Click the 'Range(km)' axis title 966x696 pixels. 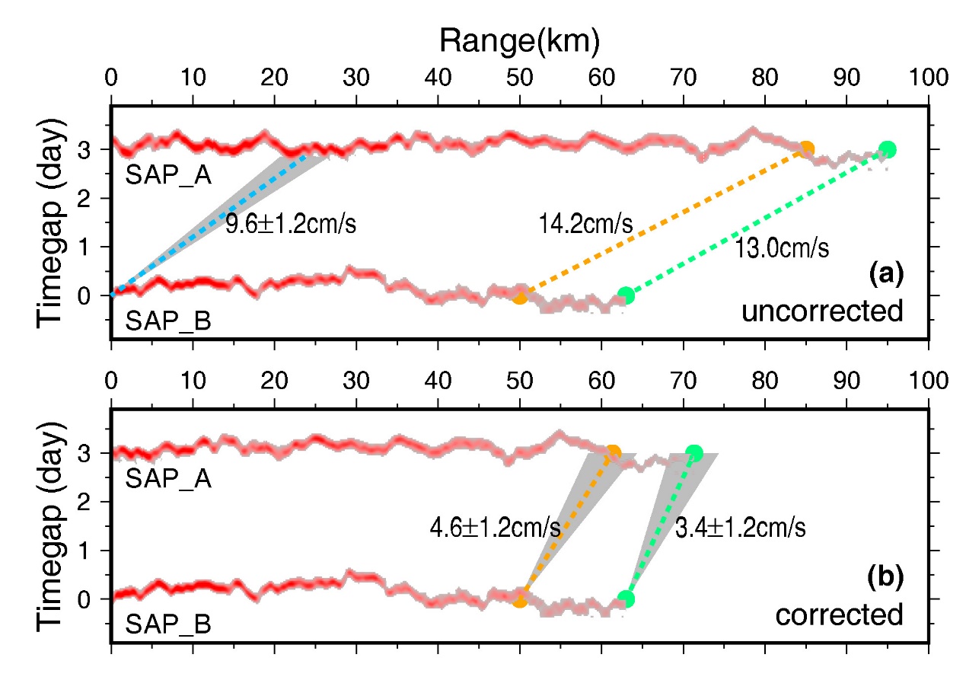[x=520, y=42]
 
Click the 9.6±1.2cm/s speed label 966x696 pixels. [x=292, y=225]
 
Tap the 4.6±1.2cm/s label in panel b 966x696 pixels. [x=496, y=527]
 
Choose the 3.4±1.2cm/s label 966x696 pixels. [x=741, y=527]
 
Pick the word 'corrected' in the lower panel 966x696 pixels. [x=840, y=614]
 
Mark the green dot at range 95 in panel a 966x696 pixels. [x=887, y=149]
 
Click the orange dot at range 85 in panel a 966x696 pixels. [x=806, y=149]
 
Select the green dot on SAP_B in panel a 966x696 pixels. [x=626, y=295]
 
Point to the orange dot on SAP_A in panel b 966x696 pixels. [x=612, y=453]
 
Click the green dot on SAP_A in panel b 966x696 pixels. [x=693, y=453]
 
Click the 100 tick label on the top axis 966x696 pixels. [x=928, y=78]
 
